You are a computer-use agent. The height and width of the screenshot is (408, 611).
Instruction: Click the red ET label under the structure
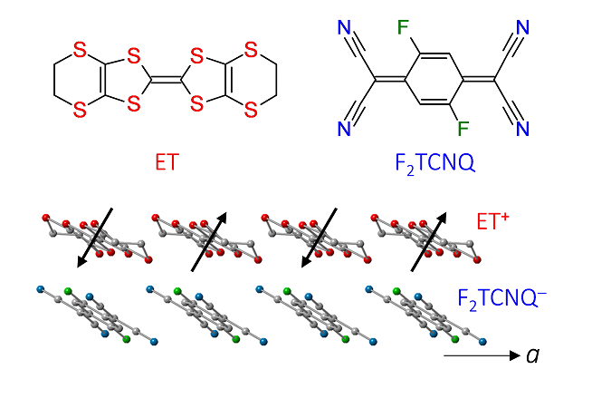(x=167, y=161)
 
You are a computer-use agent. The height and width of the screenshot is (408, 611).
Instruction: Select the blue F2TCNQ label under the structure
(x=434, y=163)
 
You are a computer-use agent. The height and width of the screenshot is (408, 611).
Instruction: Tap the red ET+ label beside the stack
(x=493, y=220)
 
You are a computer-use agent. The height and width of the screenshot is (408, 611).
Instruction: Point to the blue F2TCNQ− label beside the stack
(x=501, y=299)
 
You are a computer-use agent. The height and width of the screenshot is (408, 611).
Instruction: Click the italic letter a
(x=532, y=355)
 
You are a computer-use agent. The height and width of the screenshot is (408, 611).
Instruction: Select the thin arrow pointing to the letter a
(x=482, y=355)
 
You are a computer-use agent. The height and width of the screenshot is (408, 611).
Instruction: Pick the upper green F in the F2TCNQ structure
(x=403, y=28)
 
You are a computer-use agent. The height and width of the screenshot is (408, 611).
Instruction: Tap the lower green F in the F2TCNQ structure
(x=463, y=129)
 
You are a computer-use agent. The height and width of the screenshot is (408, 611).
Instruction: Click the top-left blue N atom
(x=345, y=28)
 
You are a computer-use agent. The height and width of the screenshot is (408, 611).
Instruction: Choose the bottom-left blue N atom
(x=345, y=129)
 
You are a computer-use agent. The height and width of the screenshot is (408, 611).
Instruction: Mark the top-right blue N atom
(x=522, y=28)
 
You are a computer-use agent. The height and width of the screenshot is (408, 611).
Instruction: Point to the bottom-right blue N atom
(x=522, y=129)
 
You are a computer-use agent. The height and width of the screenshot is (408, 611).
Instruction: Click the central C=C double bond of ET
(x=166, y=81)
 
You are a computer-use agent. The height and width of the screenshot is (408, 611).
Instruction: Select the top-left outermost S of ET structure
(x=80, y=51)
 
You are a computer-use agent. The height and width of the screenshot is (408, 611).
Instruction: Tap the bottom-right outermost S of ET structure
(x=251, y=110)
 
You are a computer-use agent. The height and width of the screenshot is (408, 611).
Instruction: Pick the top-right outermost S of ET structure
(x=251, y=51)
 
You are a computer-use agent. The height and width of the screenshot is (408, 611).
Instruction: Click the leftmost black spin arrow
(x=95, y=238)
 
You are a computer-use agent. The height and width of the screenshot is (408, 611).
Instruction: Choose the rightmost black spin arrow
(x=429, y=241)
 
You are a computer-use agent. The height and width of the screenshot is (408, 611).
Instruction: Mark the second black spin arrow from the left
(x=209, y=241)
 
